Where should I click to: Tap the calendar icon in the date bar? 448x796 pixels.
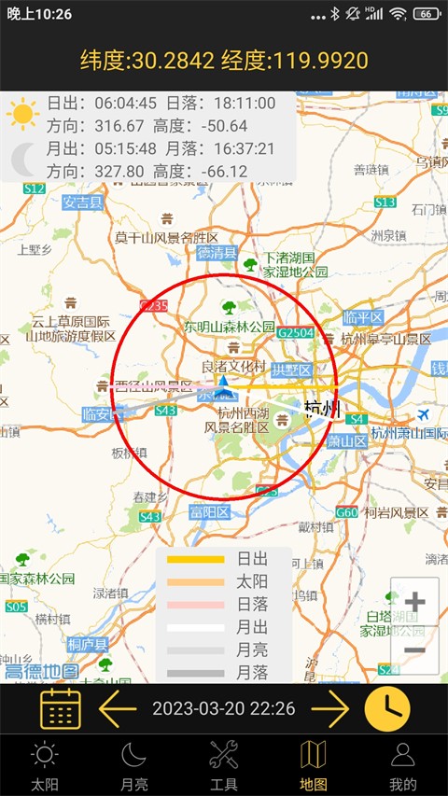(x=61, y=710)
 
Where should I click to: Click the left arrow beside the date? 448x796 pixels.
(x=118, y=710)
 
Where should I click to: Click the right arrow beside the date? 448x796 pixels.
(x=329, y=710)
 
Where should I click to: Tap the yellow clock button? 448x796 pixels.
(x=387, y=710)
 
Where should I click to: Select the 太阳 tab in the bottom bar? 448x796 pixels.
(x=44, y=765)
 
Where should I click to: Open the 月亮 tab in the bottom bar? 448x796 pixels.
(x=134, y=765)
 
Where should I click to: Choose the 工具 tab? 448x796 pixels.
(x=224, y=765)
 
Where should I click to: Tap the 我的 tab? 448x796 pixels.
(x=403, y=765)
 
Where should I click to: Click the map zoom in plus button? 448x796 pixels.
(x=414, y=602)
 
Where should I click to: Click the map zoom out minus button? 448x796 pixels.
(x=414, y=650)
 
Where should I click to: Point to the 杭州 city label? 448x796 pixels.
(x=323, y=409)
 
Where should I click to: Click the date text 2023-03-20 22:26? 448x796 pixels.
(x=224, y=710)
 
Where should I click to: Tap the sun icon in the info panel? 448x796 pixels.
(x=22, y=114)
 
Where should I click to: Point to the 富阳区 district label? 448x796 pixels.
(x=209, y=511)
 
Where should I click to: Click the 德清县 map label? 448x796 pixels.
(x=217, y=253)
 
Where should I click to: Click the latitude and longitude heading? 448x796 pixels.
(x=224, y=62)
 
